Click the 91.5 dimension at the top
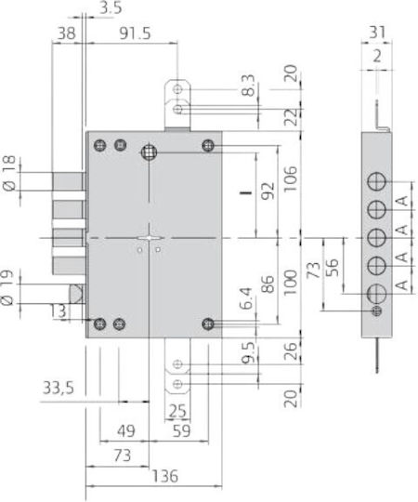pos(135,33)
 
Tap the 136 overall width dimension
pos(165,476)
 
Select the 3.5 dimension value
pos(111,8)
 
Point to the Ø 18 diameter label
pos(8,173)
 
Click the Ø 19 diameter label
pos(7,287)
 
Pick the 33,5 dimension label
pos(59,388)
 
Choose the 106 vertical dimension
pos(291,178)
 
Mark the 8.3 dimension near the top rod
pos(248,86)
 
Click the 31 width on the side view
pos(377,33)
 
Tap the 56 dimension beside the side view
pos(332,267)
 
